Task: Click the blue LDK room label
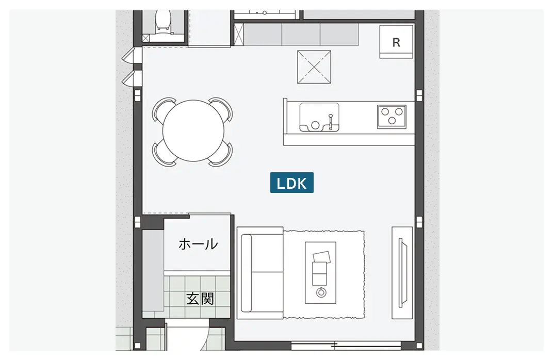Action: pyautogui.click(x=291, y=183)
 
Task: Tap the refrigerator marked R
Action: pyautogui.click(x=396, y=42)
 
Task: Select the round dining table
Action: pyautogui.click(x=193, y=131)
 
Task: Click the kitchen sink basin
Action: pyautogui.click(x=319, y=117)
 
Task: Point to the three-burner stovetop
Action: pyautogui.click(x=392, y=117)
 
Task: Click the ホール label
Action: pyautogui.click(x=198, y=244)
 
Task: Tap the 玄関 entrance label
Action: pyautogui.click(x=200, y=299)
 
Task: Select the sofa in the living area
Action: pyautogui.click(x=260, y=272)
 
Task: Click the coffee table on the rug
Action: pyautogui.click(x=320, y=272)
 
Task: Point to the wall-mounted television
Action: pyautogui.click(x=402, y=272)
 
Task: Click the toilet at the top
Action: pyautogui.click(x=164, y=21)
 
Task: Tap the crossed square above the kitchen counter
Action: pyautogui.click(x=314, y=67)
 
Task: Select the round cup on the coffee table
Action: pyautogui.click(x=321, y=292)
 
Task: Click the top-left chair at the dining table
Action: pyautogui.click(x=164, y=109)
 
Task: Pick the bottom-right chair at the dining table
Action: pyautogui.click(x=221, y=154)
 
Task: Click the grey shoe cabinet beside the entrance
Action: pyautogui.click(x=153, y=270)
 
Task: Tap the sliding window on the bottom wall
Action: pyautogui.click(x=346, y=345)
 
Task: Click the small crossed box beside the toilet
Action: pyautogui.click(x=145, y=38)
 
